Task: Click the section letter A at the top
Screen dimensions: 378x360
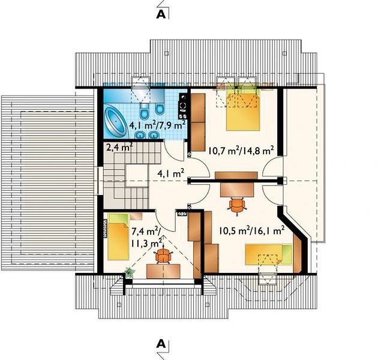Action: pos(161,15)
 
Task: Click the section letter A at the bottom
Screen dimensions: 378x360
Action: pos(161,344)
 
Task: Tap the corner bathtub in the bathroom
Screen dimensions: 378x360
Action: pos(116,121)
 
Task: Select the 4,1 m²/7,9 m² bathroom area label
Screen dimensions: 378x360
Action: pos(157,125)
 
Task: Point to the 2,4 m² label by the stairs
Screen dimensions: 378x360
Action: pos(119,147)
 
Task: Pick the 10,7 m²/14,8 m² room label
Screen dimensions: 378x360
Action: pos(241,151)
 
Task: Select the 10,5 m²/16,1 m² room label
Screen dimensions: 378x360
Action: pos(251,231)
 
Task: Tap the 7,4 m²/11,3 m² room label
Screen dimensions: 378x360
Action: pos(146,238)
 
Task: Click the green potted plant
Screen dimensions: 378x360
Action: pos(130,272)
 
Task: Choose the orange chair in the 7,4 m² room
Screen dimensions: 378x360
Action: pos(164,256)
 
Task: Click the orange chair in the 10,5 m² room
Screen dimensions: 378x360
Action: pos(237,205)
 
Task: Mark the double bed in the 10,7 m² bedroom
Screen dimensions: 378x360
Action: pos(243,109)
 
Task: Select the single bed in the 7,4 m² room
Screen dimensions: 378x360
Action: pos(118,237)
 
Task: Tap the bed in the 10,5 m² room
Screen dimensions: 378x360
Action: pos(269,254)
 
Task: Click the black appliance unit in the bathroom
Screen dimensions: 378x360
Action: pos(183,106)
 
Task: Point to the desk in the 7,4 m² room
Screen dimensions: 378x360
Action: pos(163,271)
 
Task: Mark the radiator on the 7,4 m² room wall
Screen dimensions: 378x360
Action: pos(105,229)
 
